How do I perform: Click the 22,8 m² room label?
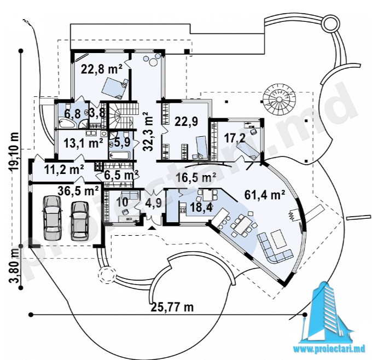(x=102, y=69)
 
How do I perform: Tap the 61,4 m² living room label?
(x=265, y=195)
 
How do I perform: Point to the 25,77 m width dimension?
(x=172, y=307)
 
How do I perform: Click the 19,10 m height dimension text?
(x=14, y=152)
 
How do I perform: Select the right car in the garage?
(x=80, y=219)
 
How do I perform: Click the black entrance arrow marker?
(x=152, y=228)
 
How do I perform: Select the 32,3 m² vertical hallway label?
(x=148, y=131)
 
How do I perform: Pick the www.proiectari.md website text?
(x=331, y=349)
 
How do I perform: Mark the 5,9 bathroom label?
(x=123, y=143)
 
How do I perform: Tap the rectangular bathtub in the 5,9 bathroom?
(x=120, y=155)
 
